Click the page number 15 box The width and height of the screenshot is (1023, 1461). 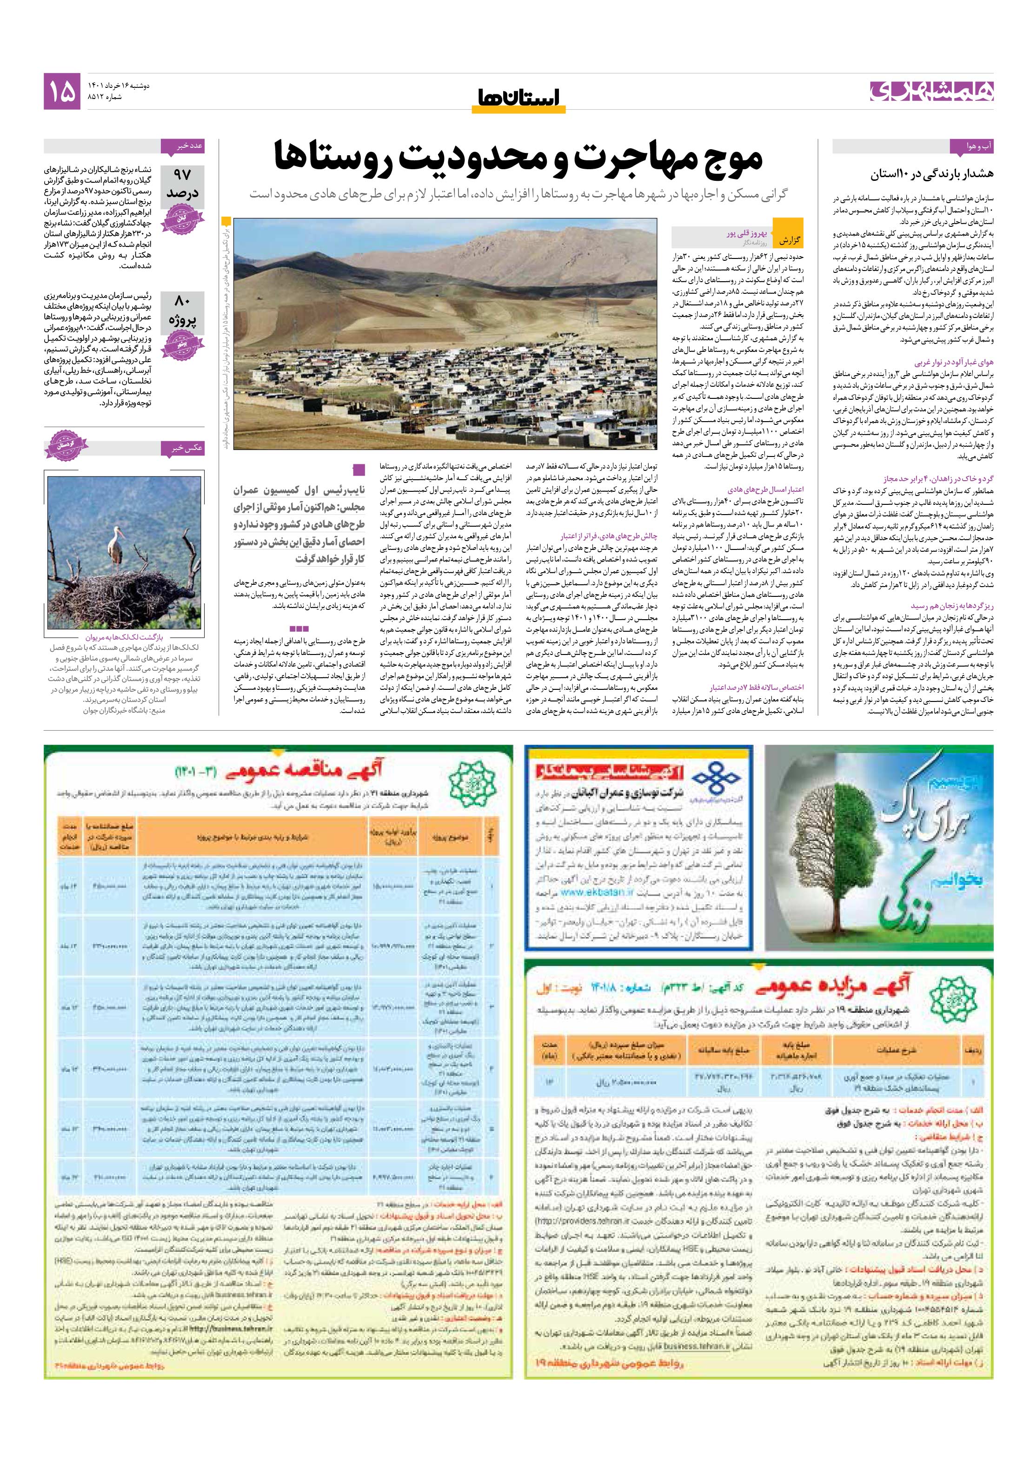[x=62, y=91]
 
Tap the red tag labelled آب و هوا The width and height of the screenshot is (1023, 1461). [x=971, y=147]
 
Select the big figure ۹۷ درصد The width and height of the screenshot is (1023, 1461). [x=182, y=183]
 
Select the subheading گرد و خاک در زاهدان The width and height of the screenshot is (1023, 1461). [x=938, y=478]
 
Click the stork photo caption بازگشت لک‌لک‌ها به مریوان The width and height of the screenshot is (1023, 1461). [x=124, y=636]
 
